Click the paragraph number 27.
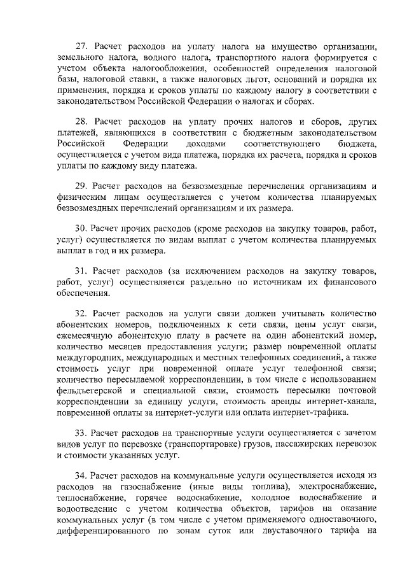tap(81, 46)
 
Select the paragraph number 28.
tap(81, 120)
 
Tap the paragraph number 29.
tap(81, 185)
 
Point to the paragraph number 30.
tap(81, 228)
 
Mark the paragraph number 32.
tap(81, 314)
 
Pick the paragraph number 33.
tap(81, 433)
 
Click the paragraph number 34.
tap(81, 475)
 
